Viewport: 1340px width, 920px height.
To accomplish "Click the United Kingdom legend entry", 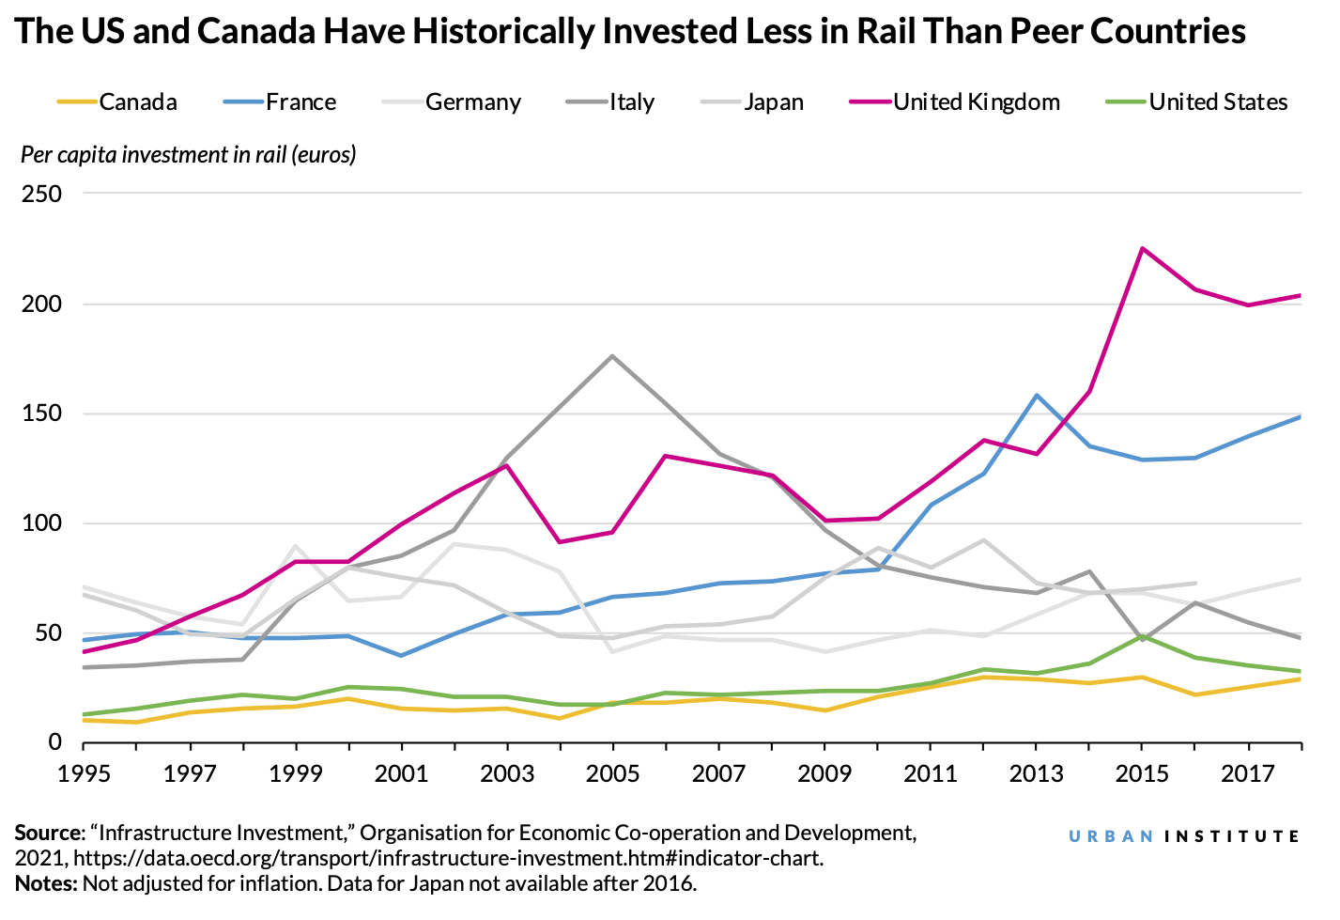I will click(x=976, y=101).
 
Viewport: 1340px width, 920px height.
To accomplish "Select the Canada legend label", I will click(x=137, y=101).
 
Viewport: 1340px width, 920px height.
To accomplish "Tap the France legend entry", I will click(x=300, y=101).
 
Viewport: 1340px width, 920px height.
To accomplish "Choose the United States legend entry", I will click(x=1218, y=101).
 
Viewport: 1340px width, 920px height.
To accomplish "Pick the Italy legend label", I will click(x=631, y=101).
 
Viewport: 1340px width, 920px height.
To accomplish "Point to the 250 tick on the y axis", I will click(x=41, y=195).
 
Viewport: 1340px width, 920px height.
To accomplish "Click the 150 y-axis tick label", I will click(x=41, y=413).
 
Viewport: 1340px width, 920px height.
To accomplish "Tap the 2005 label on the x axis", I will click(x=612, y=774).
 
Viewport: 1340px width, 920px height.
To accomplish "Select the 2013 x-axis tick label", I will click(x=1036, y=774).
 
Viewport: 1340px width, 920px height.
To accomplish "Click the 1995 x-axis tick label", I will click(x=84, y=774).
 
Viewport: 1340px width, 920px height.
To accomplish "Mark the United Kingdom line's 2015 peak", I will click(x=1142, y=248).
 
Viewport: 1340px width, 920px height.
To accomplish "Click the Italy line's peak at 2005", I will click(x=612, y=356).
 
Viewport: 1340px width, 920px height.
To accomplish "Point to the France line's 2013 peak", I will click(x=1036, y=396).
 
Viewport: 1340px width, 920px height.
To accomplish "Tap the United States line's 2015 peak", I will click(x=1142, y=635).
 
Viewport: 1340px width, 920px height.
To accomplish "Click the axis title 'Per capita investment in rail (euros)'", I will click(x=189, y=154).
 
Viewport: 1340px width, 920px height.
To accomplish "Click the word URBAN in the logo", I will click(x=1111, y=835).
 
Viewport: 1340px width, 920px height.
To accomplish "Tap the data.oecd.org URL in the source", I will click(x=448, y=858).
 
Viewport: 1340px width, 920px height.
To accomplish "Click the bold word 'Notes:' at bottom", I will click(x=46, y=883).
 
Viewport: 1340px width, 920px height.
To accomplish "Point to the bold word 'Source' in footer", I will click(x=47, y=833).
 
